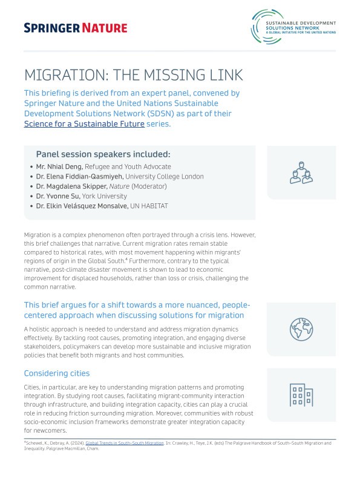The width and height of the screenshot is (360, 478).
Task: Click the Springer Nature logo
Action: click(x=76, y=28)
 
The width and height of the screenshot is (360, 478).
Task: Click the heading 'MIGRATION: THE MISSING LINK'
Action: click(x=133, y=75)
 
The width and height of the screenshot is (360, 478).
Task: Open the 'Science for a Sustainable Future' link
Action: click(x=84, y=124)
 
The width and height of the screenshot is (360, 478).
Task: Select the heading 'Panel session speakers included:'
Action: click(x=103, y=154)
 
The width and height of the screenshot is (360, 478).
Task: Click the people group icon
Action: click(x=301, y=172)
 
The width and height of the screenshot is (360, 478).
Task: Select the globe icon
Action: click(x=301, y=329)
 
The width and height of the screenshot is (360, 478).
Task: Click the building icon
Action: click(x=301, y=395)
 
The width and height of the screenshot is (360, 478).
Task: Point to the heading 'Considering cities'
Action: click(x=57, y=373)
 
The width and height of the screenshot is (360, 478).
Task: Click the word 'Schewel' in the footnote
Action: click(x=36, y=444)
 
